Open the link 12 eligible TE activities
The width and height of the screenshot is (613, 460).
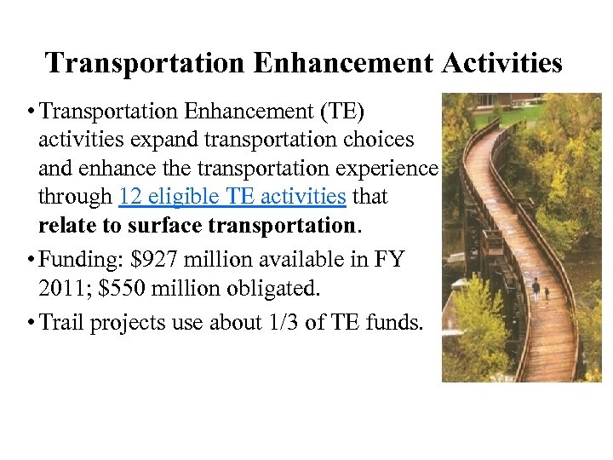coord(232,197)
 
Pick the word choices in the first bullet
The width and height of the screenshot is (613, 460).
coord(372,140)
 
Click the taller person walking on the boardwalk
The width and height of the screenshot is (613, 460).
coord(536,291)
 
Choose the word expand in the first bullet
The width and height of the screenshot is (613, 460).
coord(145,140)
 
